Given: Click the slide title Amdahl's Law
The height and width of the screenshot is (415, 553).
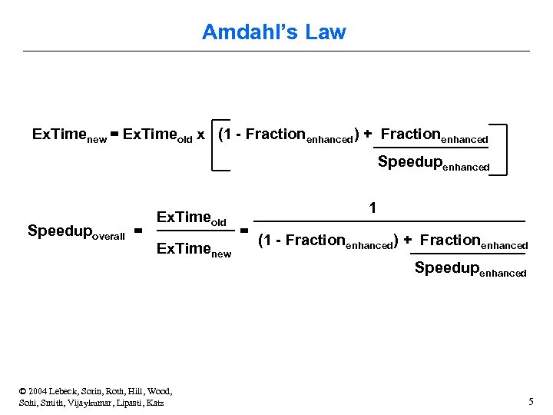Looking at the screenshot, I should (x=274, y=32).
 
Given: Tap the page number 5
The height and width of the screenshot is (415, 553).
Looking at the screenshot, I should (x=531, y=401).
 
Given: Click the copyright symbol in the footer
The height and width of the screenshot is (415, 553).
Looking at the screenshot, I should (x=24, y=391).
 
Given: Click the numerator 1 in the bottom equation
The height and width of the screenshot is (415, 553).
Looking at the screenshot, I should (x=373, y=207).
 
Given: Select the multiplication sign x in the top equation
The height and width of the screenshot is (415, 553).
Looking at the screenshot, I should (x=200, y=135).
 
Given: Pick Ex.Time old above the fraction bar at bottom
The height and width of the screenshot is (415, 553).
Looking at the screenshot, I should (x=191, y=218).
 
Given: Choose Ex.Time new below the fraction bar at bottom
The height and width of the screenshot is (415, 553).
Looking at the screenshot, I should (x=194, y=250).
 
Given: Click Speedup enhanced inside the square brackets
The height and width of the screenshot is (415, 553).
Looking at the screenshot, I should (x=433, y=164).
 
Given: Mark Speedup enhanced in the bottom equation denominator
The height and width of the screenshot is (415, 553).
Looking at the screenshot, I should (x=470, y=269).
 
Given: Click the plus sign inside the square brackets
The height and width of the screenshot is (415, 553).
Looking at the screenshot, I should (x=368, y=134).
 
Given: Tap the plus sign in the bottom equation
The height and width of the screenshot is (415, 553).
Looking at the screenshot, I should (x=408, y=241).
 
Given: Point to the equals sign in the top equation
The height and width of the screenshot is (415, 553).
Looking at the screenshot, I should (x=114, y=135).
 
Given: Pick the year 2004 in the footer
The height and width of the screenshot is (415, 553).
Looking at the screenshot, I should (x=41, y=391).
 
